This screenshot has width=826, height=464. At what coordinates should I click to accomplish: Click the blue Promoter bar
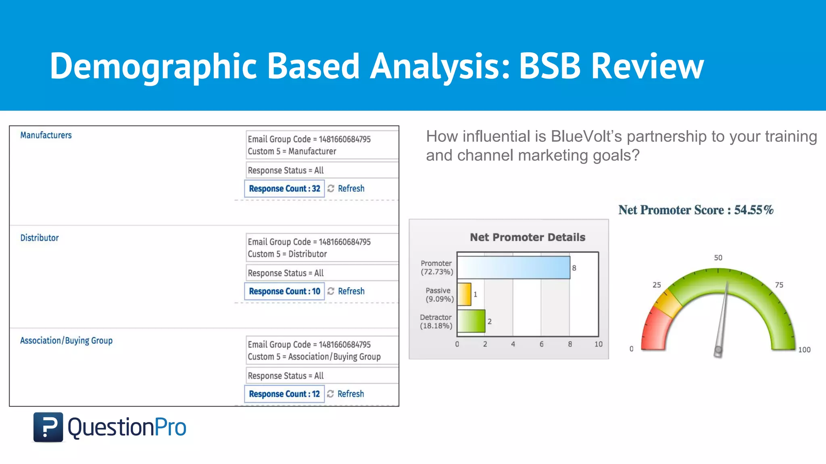click(513, 267)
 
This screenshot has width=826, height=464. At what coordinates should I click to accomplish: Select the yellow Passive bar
click(464, 294)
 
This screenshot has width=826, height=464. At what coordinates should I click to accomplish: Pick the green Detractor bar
click(471, 321)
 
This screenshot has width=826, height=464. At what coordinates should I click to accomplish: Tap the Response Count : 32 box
click(284, 188)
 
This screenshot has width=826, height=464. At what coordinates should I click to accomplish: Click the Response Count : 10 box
click(284, 291)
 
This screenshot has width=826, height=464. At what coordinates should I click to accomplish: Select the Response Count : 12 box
click(284, 394)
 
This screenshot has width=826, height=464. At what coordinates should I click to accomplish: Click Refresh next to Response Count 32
click(350, 188)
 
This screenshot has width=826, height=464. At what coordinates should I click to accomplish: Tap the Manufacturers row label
click(46, 135)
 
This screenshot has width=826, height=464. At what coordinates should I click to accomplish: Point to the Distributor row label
click(40, 238)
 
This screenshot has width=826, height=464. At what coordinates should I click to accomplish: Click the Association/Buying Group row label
click(66, 341)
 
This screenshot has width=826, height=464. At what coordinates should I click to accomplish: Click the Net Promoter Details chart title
click(527, 237)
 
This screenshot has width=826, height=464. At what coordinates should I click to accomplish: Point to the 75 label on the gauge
click(779, 285)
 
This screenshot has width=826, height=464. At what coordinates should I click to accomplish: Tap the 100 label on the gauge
click(804, 350)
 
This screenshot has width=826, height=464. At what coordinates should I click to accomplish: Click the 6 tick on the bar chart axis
click(541, 344)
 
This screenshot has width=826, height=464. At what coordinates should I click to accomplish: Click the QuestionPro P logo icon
click(48, 427)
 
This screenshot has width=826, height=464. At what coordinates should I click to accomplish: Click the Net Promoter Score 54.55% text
click(696, 210)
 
